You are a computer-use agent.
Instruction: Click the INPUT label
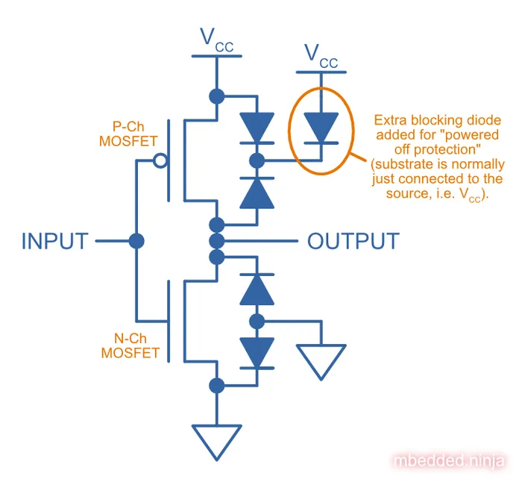(x=55, y=242)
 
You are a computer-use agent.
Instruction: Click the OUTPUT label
(x=353, y=242)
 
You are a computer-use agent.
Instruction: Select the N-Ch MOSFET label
(x=130, y=345)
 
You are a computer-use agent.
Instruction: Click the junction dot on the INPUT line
(x=136, y=242)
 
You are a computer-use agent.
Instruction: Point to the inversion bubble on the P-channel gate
(x=158, y=160)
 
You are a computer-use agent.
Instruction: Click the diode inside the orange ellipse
(x=321, y=128)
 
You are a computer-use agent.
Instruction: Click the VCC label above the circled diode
(x=321, y=56)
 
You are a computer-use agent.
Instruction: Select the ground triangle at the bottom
(x=217, y=440)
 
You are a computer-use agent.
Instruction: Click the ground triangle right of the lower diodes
(x=321, y=359)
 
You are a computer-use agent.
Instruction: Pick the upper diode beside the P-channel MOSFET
(x=257, y=128)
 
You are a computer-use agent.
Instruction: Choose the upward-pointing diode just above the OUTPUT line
(x=257, y=191)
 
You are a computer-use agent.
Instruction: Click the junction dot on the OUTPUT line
(x=217, y=241)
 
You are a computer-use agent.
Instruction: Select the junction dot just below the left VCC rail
(x=217, y=96)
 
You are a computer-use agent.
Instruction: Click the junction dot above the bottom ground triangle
(x=217, y=385)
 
